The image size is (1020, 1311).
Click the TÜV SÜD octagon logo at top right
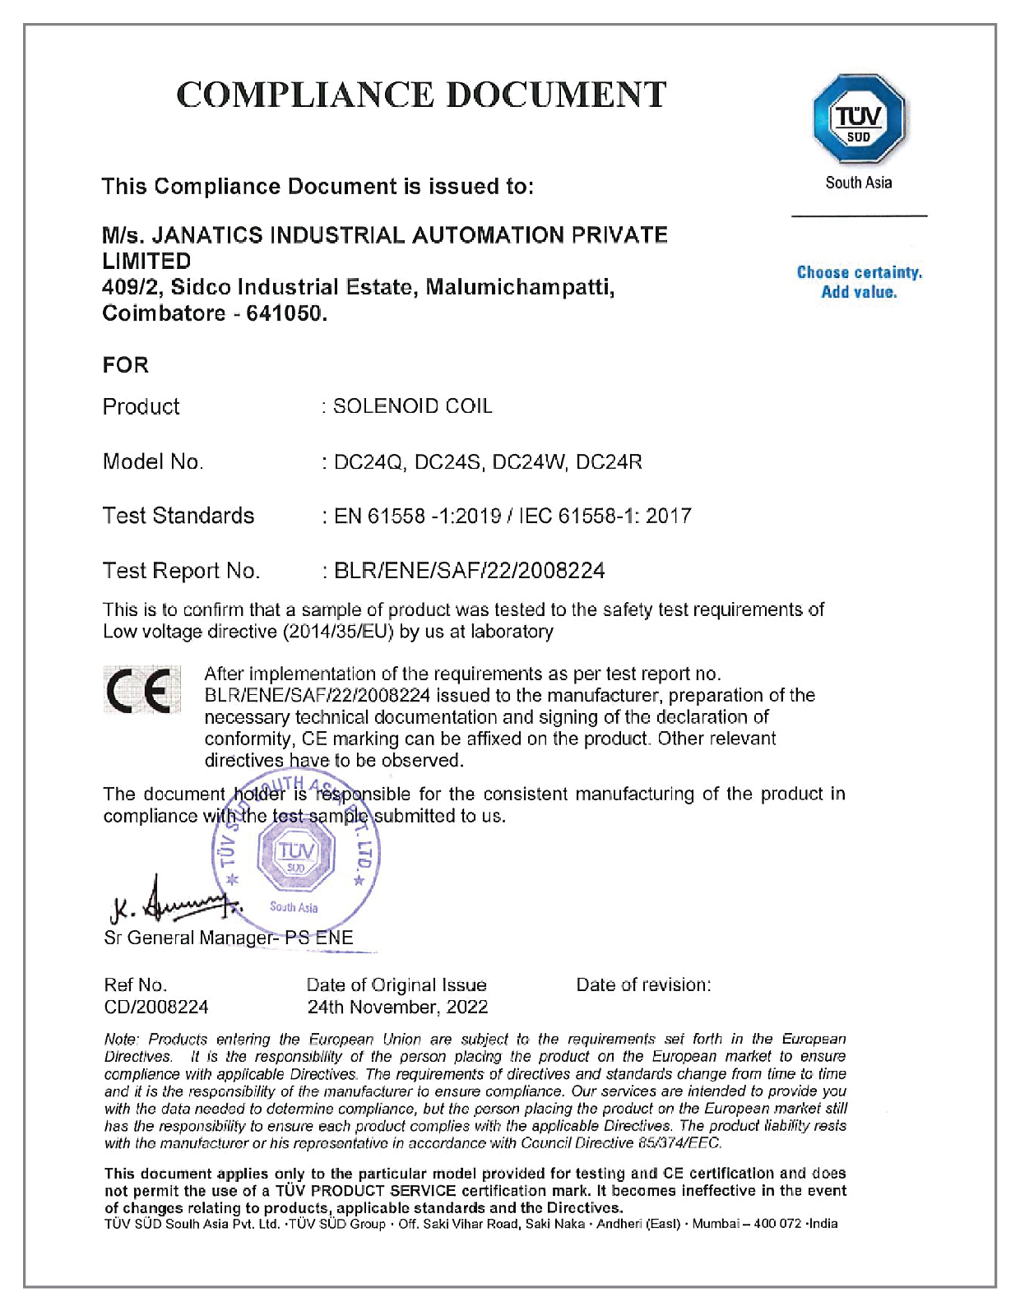[x=858, y=119]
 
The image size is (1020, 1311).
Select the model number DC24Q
[x=369, y=462]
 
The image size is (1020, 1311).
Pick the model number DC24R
[x=609, y=462]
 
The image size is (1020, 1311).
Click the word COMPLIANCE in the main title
[x=305, y=95]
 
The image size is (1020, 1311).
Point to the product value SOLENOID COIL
[x=412, y=406]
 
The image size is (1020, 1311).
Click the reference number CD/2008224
[x=156, y=1007]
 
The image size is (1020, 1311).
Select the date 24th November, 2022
[x=397, y=1007]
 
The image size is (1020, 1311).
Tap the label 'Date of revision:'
[x=643, y=984]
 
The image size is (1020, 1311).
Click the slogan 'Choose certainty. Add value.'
[x=859, y=282]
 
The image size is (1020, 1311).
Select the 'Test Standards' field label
[x=178, y=516]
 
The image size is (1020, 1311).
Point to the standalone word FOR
[x=126, y=364]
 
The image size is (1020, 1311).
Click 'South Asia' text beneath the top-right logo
[x=858, y=183]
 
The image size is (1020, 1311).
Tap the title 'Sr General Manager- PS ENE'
[x=229, y=938]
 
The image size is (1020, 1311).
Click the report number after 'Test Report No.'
[x=469, y=571]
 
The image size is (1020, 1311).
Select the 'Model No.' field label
[x=153, y=461]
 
